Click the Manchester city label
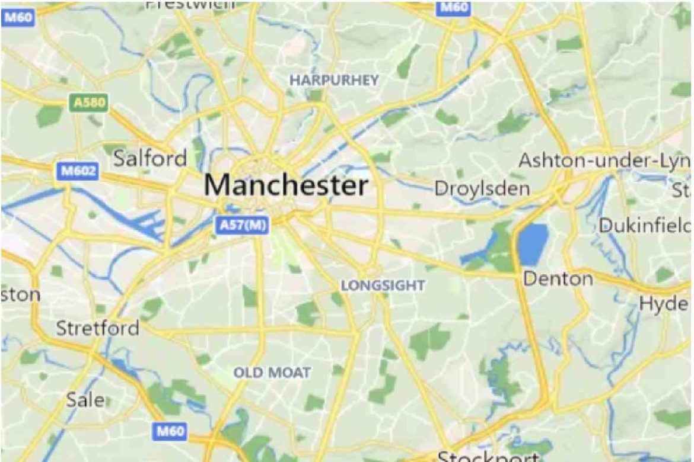coord(286,185)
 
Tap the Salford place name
coord(150,158)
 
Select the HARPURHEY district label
coord(333,81)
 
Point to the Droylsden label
coord(482,189)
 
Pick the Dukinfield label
coord(645,226)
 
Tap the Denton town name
coord(557,278)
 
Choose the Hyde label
coord(663,304)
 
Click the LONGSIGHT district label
coord(383,285)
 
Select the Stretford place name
coord(97,328)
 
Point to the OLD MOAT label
coord(272,373)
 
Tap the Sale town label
coord(85,400)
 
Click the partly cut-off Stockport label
coord(488,456)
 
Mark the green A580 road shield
coord(89,103)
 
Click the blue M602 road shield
coord(78,171)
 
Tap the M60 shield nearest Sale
coord(170,431)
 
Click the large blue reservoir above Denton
coord(533,244)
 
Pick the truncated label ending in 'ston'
coord(21,294)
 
